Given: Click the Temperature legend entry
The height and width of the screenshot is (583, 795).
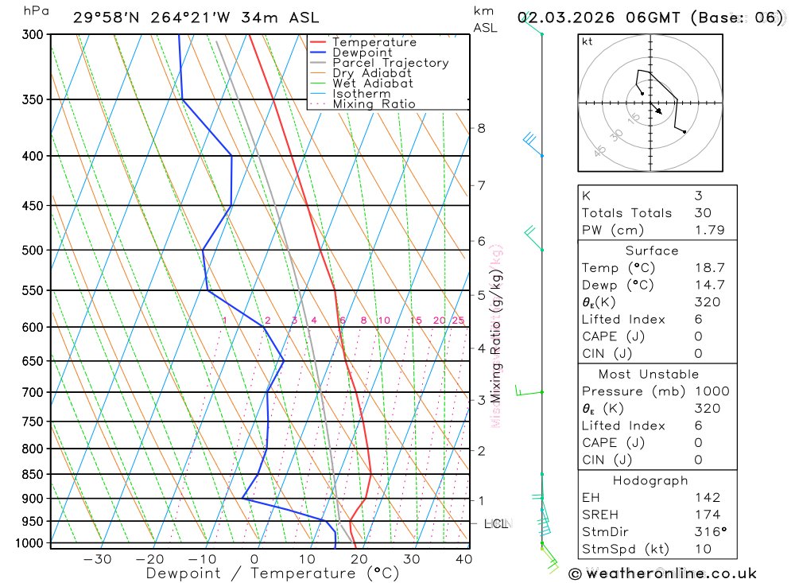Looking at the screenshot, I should (374, 42).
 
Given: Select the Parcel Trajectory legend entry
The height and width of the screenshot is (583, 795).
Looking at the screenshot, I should (390, 63).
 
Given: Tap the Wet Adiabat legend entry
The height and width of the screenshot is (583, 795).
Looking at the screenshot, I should (373, 84).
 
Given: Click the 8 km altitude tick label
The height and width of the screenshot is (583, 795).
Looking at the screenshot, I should (481, 128).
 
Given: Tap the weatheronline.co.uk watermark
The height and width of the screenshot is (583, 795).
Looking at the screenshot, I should (663, 573).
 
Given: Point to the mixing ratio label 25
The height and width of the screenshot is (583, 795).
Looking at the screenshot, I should (458, 321).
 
